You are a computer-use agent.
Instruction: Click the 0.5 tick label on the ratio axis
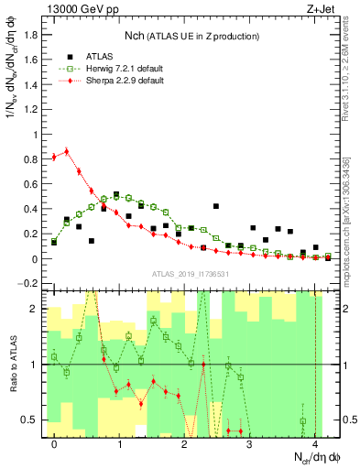pos(32,420)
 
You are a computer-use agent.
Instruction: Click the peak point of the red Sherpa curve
pos(67,151)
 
